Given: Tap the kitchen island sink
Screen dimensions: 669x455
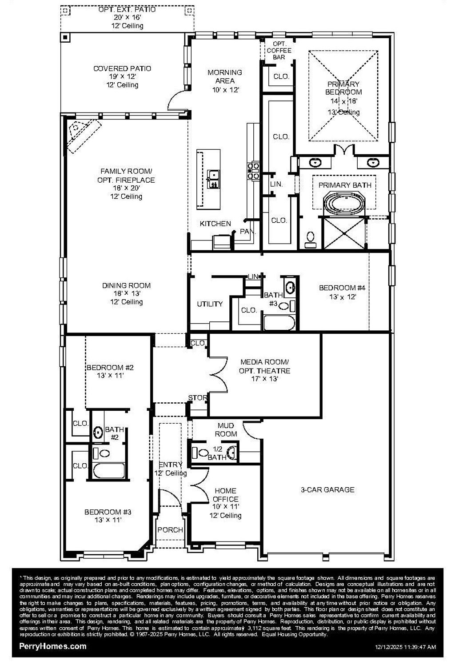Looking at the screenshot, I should pos(213,179).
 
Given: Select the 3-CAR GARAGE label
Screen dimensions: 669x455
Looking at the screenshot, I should pos(327,489).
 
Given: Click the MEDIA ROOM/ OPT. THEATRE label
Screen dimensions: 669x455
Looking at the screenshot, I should pos(264,366).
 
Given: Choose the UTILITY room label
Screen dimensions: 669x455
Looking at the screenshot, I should pos(210,304).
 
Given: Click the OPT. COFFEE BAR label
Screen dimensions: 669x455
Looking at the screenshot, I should pos(279,50).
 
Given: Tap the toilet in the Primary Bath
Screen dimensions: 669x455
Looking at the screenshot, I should pos(310,239).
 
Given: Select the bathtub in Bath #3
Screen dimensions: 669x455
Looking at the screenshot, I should pos(279,323).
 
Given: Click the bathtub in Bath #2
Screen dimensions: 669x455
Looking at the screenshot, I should pos(109,471).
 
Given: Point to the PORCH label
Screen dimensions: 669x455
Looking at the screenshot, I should pos(170,530).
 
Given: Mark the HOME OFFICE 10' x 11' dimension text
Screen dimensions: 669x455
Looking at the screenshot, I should pos(226,506).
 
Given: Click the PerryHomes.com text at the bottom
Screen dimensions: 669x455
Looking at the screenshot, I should pos(53,646).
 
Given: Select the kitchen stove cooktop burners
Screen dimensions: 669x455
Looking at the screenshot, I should pos(253,171).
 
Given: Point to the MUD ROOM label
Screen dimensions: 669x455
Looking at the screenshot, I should pos(226,429).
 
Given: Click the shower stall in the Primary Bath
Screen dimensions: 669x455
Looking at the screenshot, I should pos(344,233).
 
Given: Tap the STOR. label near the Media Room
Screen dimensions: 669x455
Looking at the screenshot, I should pos(198,397).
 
